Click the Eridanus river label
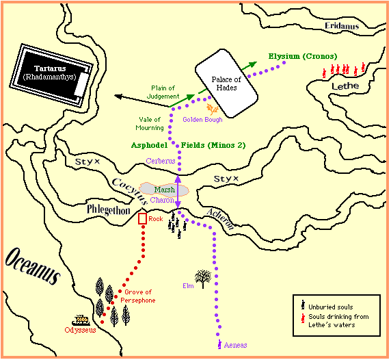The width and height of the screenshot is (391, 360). coord(342,26)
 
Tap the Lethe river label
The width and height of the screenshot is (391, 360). coord(345,86)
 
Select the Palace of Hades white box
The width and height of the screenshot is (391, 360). coord(226,83)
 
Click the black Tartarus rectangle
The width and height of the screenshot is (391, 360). coord(51,75)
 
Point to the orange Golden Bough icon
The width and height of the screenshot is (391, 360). coord(213,109)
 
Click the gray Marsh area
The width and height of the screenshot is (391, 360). coord(164,190)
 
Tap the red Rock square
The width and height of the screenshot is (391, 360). coord(142,219)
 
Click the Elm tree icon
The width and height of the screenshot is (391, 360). coord(203,279)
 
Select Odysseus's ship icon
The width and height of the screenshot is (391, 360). coord(81,320)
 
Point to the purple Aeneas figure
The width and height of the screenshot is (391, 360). coord(219,344)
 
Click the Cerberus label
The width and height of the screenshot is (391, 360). coord(161,161)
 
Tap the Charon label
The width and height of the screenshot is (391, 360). coord(162,200)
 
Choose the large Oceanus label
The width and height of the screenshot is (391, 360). coord(32,266)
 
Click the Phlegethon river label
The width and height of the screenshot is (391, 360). coord(109,210)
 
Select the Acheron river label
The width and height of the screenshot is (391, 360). coord(220,219)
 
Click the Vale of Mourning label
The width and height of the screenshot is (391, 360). coord(150,124)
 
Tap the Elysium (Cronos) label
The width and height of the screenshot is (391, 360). coord(303,56)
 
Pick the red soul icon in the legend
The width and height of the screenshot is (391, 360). coord(303,318)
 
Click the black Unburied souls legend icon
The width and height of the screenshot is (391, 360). coord(303,305)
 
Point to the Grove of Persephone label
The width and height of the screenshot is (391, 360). coord(138,296)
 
